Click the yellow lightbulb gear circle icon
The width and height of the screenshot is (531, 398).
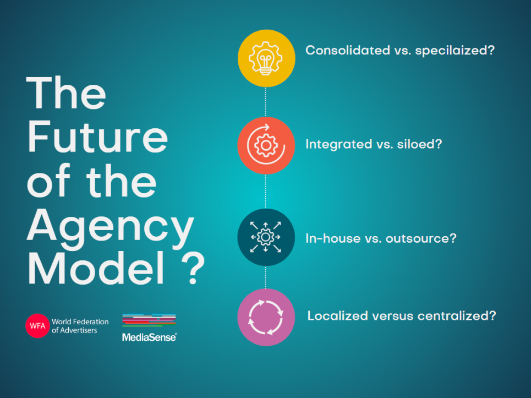click(x=266, y=58)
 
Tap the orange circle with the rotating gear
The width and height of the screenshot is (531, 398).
click(x=266, y=145)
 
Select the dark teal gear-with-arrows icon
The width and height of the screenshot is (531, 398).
click(x=266, y=237)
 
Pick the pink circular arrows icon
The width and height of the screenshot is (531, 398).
click(x=266, y=318)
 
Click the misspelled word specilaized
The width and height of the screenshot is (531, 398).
click(x=455, y=51)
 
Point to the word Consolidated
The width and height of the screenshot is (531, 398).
click(x=348, y=50)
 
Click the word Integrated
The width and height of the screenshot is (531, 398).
click(x=339, y=145)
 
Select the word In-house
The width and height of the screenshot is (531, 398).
click(x=333, y=238)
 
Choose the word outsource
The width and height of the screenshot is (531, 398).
click(x=421, y=238)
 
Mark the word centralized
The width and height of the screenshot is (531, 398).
click(x=457, y=315)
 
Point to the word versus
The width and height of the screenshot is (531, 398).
click(x=392, y=316)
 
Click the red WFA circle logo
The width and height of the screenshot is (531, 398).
click(x=37, y=326)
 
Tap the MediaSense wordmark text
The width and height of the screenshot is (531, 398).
click(x=149, y=337)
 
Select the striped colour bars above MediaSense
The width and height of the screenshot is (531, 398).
click(x=149, y=320)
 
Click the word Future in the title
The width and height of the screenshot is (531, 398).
click(x=97, y=137)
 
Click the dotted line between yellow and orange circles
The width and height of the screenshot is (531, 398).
click(x=265, y=102)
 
